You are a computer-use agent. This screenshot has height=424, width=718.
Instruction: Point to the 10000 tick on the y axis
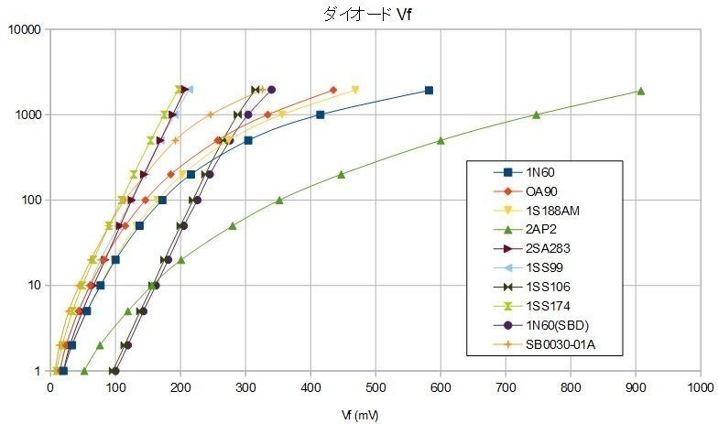point(27,29)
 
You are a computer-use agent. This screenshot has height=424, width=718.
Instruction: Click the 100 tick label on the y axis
point(32,201)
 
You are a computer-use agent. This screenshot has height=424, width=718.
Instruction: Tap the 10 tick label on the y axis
point(35,286)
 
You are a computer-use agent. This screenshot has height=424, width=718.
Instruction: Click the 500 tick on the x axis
point(375,388)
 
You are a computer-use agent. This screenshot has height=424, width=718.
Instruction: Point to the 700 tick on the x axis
point(506,388)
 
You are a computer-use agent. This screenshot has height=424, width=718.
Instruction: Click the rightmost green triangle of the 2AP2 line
point(641,91)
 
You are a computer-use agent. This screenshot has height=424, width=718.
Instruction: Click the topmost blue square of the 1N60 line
point(429,91)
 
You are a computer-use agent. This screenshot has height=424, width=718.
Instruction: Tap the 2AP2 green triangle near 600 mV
point(441,140)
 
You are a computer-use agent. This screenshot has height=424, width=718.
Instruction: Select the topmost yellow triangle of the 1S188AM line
point(355,90)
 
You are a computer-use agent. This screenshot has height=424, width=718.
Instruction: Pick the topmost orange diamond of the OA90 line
point(333,90)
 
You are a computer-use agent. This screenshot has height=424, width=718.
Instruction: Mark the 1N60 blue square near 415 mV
point(320,114)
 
